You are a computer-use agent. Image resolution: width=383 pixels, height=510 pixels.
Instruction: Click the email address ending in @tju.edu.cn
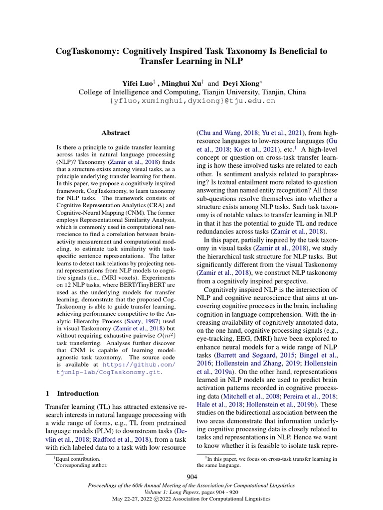click(192, 101)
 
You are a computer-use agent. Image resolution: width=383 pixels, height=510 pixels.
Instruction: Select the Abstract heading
click(116, 133)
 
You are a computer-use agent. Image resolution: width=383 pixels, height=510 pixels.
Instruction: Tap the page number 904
click(191, 477)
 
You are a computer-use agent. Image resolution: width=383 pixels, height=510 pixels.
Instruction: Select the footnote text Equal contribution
click(79, 459)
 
